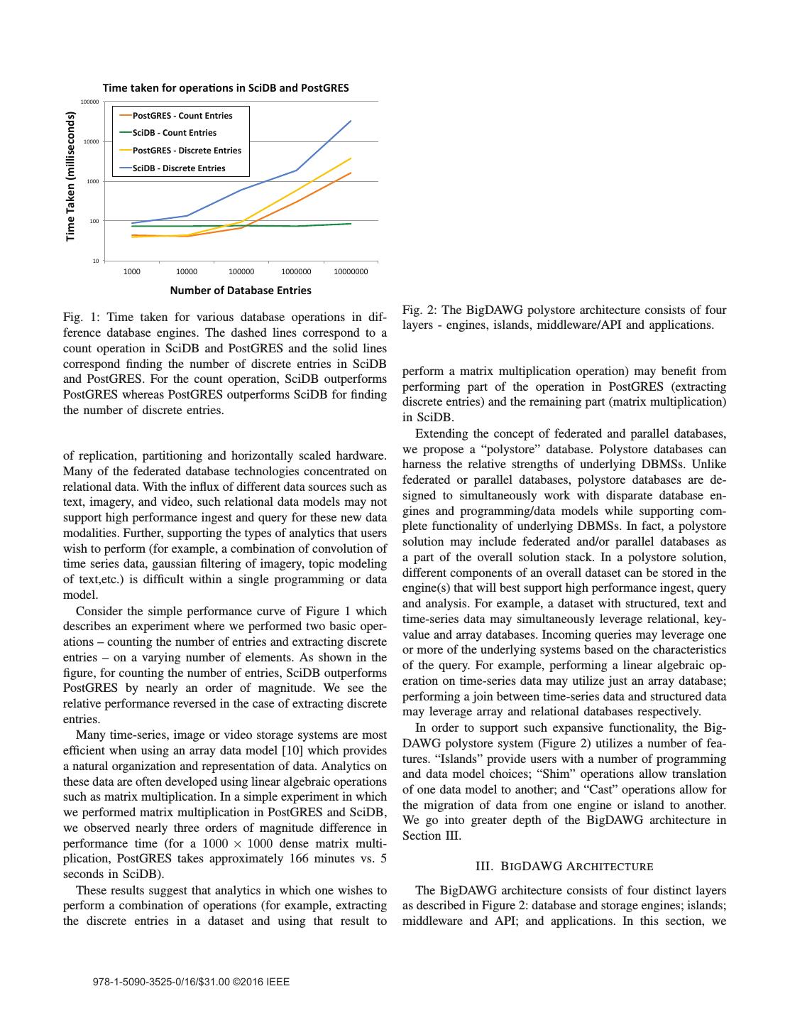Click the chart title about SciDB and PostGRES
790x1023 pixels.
click(x=226, y=88)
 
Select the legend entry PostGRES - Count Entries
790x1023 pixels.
click(x=182, y=116)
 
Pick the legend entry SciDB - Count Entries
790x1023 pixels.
click(x=174, y=133)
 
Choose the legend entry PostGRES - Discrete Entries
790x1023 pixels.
click(x=186, y=151)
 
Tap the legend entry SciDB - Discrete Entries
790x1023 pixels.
click(x=178, y=168)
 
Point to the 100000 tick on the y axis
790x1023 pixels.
click(x=90, y=102)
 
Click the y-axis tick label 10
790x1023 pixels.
click(x=96, y=261)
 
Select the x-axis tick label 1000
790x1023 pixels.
click(x=131, y=271)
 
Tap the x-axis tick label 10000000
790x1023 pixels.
click(x=351, y=271)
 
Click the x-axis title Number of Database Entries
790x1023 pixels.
click(x=240, y=290)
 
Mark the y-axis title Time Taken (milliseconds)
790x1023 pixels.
click(x=70, y=176)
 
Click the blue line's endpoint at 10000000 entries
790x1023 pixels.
click(x=351, y=121)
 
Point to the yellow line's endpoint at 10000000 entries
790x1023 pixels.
click(x=351, y=158)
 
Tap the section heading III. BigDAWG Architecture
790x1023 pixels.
click(x=564, y=866)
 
